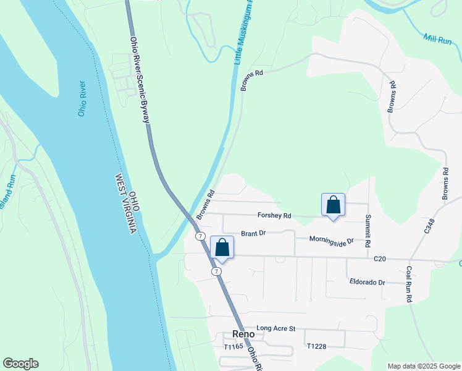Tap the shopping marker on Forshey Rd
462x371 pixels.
click(333, 205)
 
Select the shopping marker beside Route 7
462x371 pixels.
click(222, 248)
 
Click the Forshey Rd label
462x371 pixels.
click(274, 216)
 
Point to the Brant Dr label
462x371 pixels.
click(253, 233)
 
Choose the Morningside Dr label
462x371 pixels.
click(332, 240)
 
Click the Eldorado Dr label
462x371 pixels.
click(367, 282)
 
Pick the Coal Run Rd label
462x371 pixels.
click(409, 284)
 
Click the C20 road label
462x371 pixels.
click(379, 260)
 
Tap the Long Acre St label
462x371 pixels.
click(276, 328)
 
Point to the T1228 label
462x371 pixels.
click(316, 346)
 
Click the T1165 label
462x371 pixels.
click(234, 347)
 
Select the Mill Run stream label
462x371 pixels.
click(438, 39)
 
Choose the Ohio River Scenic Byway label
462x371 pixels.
click(140, 80)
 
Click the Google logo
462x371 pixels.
click(20, 364)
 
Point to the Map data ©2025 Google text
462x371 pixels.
click(423, 366)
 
